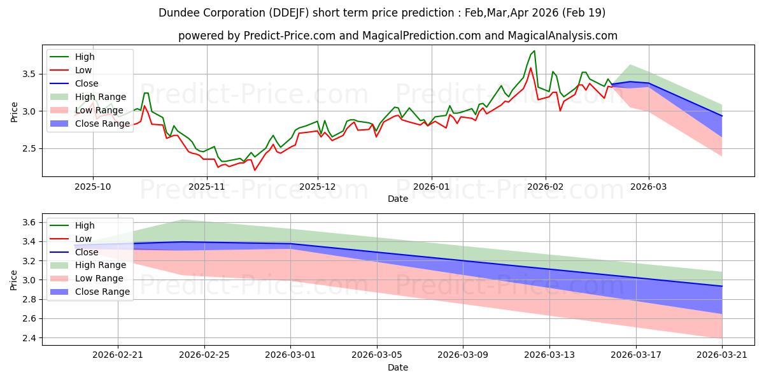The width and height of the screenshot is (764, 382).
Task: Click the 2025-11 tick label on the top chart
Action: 207,187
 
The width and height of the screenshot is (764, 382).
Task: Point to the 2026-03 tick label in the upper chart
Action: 649,187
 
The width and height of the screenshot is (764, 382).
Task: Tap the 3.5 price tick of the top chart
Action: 29,74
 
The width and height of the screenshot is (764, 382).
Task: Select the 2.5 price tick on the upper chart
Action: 29,149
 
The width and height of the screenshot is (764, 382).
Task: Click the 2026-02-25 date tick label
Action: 204,355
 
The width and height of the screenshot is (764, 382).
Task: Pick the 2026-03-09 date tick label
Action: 463,355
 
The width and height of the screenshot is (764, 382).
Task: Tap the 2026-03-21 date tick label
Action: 722,355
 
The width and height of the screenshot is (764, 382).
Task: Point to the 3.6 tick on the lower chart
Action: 29,222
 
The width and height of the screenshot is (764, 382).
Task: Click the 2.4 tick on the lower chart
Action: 29,338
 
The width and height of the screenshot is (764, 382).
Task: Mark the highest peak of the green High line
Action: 534,51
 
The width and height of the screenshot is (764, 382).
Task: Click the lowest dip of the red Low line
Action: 255,170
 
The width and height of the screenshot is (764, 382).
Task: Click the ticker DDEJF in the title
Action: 289,13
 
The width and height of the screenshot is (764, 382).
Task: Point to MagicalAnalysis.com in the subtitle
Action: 562,36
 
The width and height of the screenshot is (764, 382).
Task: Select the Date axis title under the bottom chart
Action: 398,367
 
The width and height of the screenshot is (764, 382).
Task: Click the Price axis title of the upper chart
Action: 14,112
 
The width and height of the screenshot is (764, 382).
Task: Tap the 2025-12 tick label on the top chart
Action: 318,187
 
